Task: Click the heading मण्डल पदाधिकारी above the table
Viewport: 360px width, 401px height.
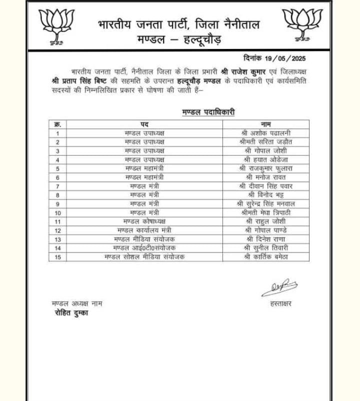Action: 208,113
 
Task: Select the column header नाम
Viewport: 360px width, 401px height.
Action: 265,124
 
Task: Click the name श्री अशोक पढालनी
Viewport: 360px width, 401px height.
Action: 265,133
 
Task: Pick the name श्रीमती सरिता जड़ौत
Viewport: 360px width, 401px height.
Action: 265,142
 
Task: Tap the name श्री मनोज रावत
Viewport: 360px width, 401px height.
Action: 265,177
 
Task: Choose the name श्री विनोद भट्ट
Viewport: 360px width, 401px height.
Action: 265,194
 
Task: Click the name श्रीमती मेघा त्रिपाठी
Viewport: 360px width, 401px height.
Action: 265,212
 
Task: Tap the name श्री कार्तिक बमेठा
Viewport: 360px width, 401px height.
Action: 265,256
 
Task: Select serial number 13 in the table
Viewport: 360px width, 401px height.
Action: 58,239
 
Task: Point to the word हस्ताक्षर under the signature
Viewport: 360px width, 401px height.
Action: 280,303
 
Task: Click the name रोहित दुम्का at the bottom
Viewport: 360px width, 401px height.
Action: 71,313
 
